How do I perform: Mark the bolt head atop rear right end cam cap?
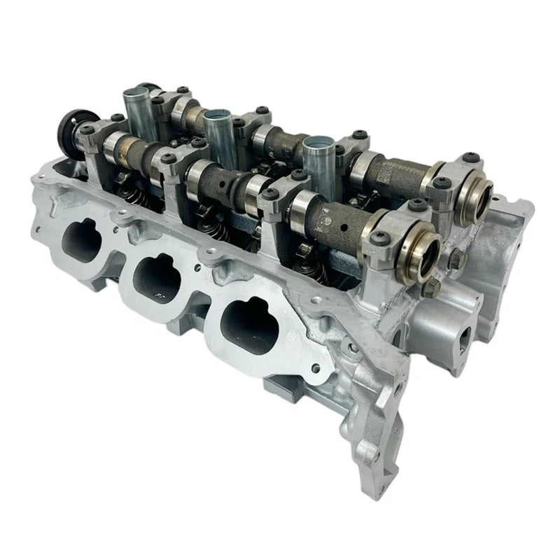click(x=441, y=183)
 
